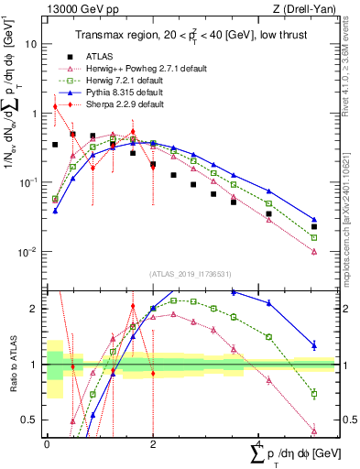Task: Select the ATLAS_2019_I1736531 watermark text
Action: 191,273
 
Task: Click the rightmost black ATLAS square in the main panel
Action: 314,226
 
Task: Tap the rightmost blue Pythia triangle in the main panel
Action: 314,220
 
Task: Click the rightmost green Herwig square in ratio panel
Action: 314,394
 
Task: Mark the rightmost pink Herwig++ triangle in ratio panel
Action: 314,431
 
